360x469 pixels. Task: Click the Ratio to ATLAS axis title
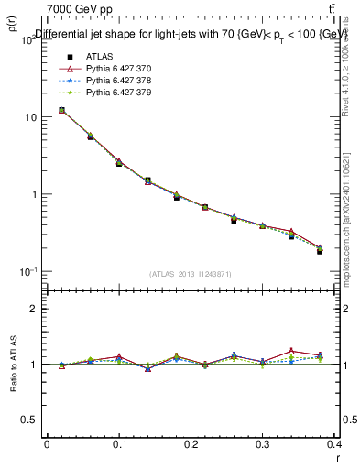(x=13, y=365)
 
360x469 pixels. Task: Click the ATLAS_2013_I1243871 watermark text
(x=191, y=274)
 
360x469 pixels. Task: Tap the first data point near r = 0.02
(x=61, y=110)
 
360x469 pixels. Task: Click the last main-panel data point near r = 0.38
(x=320, y=250)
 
